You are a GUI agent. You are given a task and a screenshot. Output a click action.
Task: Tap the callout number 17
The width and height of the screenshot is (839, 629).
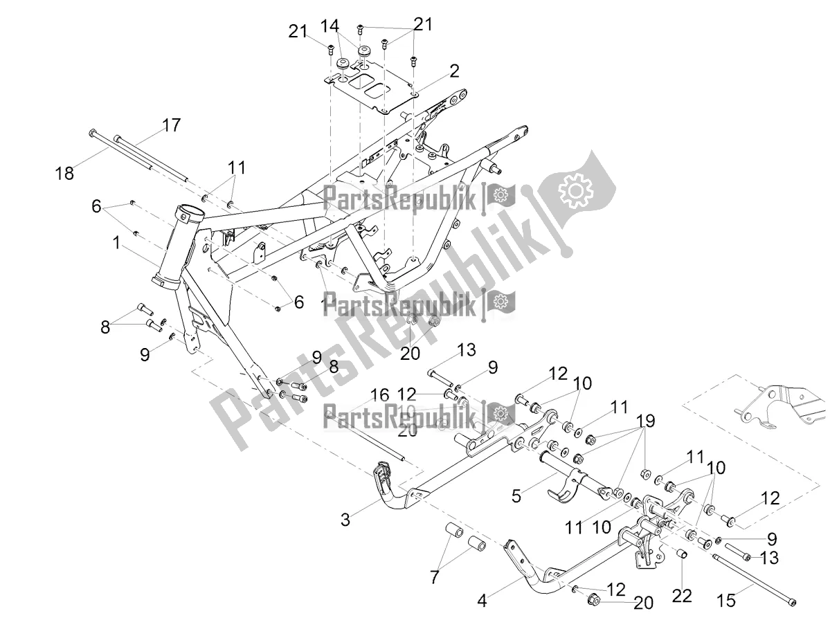pos(171,125)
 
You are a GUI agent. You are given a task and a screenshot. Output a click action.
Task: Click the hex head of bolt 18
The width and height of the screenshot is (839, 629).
pos(93,133)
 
